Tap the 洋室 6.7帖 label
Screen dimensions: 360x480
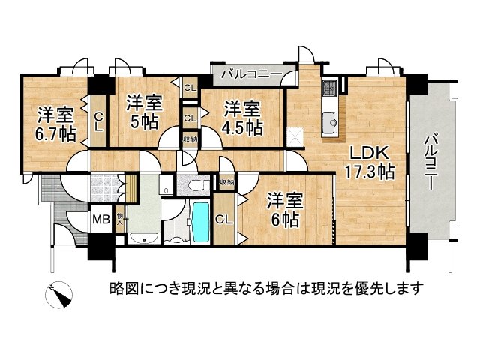coord(55,125)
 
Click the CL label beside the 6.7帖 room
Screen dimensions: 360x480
coord(98,120)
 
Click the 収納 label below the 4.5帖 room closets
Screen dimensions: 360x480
coord(190,139)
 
